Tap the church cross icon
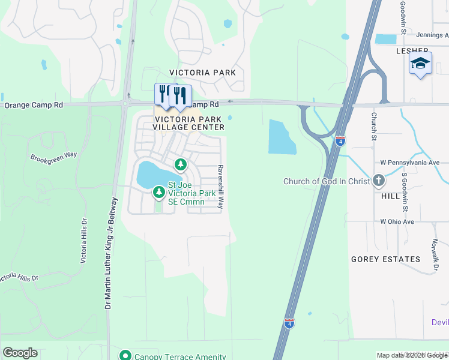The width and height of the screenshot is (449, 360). [x=379, y=180]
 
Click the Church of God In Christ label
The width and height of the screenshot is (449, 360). [x=327, y=181]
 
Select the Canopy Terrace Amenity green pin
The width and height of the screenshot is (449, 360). [x=125, y=355]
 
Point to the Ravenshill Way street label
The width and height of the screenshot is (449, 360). [x=220, y=187]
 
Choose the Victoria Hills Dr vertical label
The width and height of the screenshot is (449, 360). [x=84, y=241]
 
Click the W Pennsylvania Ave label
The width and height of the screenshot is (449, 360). [x=410, y=163]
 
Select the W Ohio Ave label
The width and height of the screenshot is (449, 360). [x=397, y=221]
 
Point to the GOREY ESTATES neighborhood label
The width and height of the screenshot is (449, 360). [x=385, y=259]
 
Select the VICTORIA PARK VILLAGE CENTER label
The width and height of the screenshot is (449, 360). [x=188, y=122]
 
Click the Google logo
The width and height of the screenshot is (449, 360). [x=20, y=353]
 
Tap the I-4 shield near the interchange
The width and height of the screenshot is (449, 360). [x=340, y=142]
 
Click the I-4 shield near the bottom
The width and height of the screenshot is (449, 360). [x=289, y=323]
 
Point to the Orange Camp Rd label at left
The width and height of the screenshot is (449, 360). [x=34, y=105]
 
